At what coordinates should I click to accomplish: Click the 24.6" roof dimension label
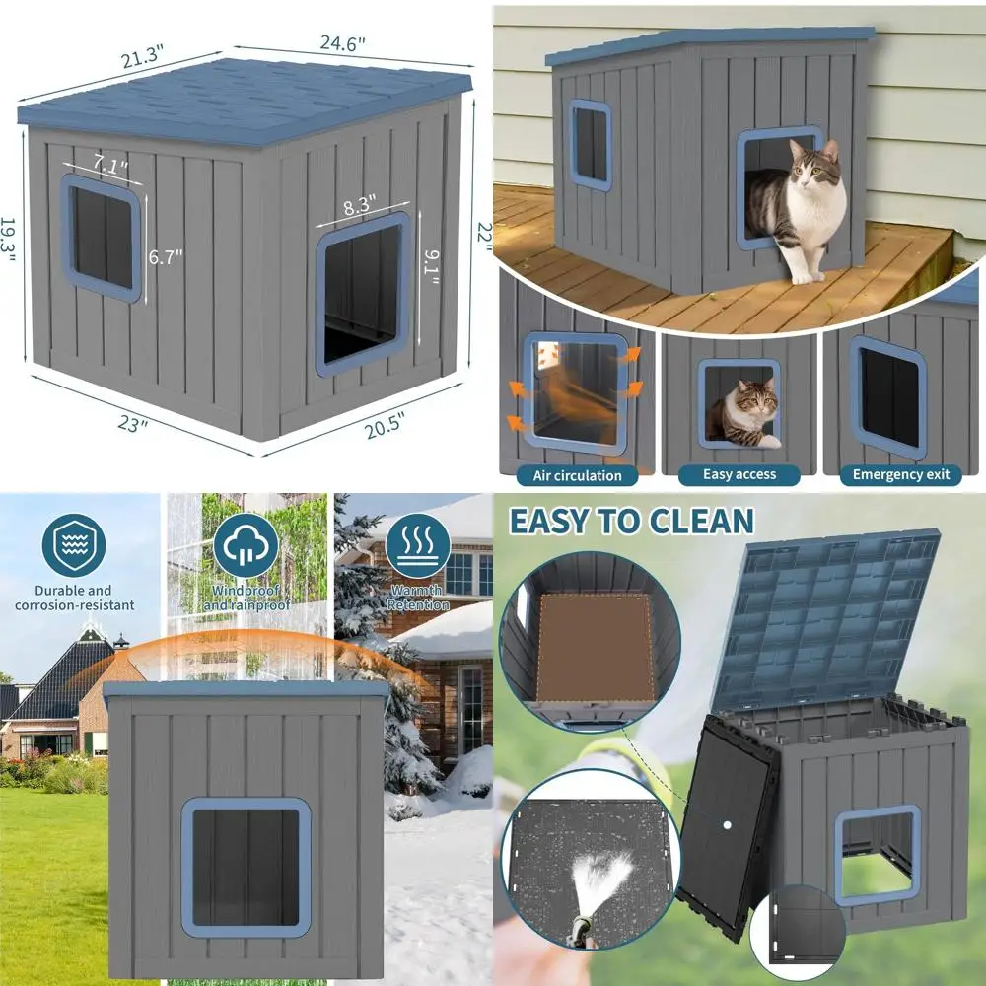coord(342,43)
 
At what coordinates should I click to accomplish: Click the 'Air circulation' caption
coord(578,475)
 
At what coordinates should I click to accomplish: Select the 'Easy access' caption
coord(739,474)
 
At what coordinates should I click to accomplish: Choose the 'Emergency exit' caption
coord(901,474)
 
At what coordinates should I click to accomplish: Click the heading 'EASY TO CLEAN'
coord(631,520)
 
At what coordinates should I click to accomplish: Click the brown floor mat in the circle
coord(594,647)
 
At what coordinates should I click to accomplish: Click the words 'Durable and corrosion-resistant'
coord(75,598)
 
